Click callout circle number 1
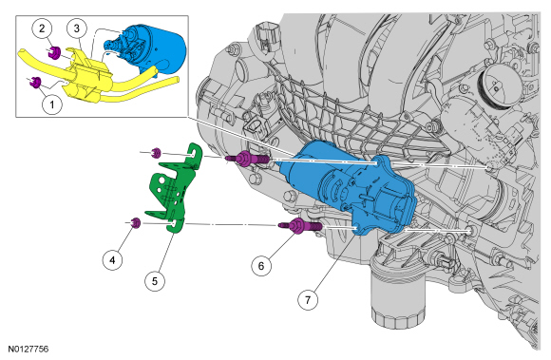(52, 104)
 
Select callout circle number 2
(42, 28)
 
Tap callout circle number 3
(77, 28)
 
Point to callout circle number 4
(112, 260)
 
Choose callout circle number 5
(155, 280)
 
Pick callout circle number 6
(261, 266)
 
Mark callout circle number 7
(308, 300)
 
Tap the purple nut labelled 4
(136, 223)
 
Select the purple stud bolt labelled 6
(300, 225)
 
